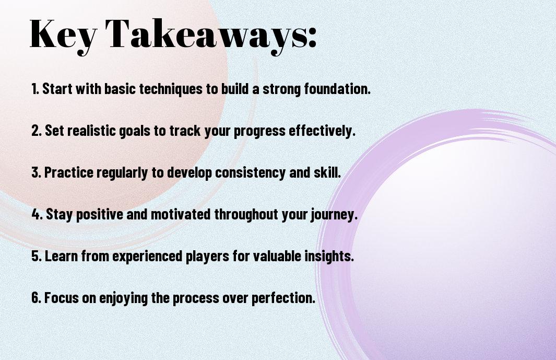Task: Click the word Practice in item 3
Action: tap(69, 172)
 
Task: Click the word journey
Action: tap(334, 215)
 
